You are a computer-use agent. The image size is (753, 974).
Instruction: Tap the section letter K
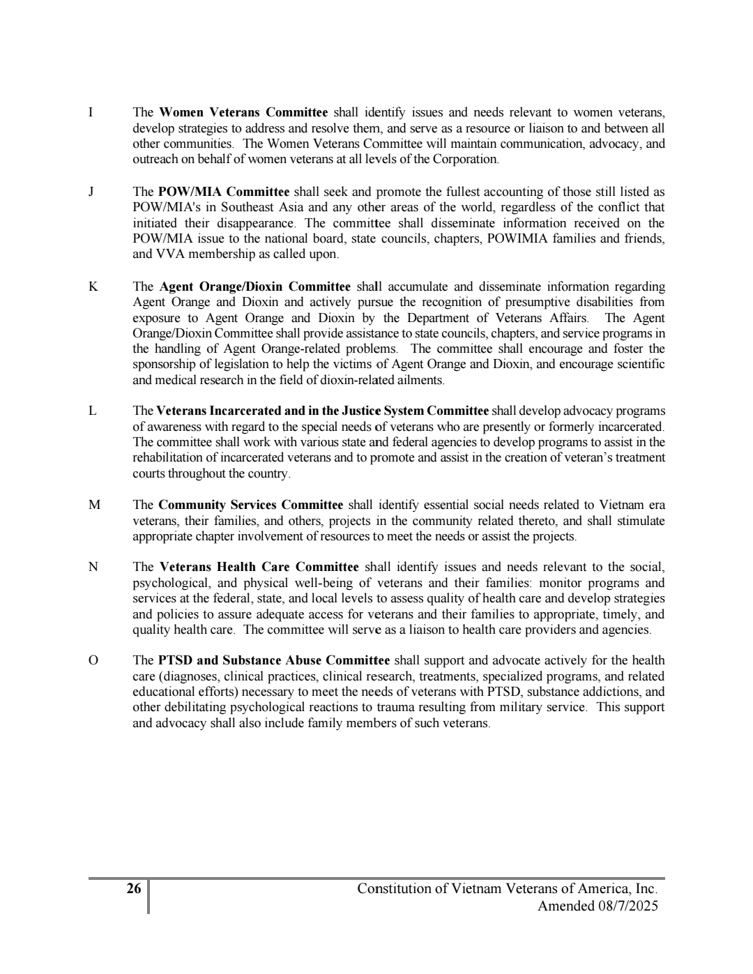pyautogui.click(x=92, y=287)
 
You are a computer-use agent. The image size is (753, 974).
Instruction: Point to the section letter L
pyautogui.click(x=92, y=411)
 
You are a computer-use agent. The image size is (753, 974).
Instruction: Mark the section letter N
pyautogui.click(x=93, y=568)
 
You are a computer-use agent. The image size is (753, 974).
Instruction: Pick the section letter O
pyautogui.click(x=93, y=661)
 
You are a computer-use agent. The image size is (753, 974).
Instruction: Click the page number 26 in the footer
pyautogui.click(x=133, y=889)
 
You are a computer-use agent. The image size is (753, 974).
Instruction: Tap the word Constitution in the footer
pyautogui.click(x=393, y=889)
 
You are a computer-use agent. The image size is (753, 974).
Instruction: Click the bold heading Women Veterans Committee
pyautogui.click(x=243, y=113)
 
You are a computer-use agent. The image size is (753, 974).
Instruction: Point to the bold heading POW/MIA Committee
pyautogui.click(x=223, y=192)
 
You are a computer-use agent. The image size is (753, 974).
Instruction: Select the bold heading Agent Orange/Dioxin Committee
pyautogui.click(x=254, y=287)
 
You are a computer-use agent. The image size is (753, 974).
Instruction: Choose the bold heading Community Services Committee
pyautogui.click(x=250, y=505)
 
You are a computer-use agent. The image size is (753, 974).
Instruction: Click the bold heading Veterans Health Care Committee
pyautogui.click(x=259, y=568)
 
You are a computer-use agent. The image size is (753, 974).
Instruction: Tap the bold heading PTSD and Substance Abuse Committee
pyautogui.click(x=273, y=661)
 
